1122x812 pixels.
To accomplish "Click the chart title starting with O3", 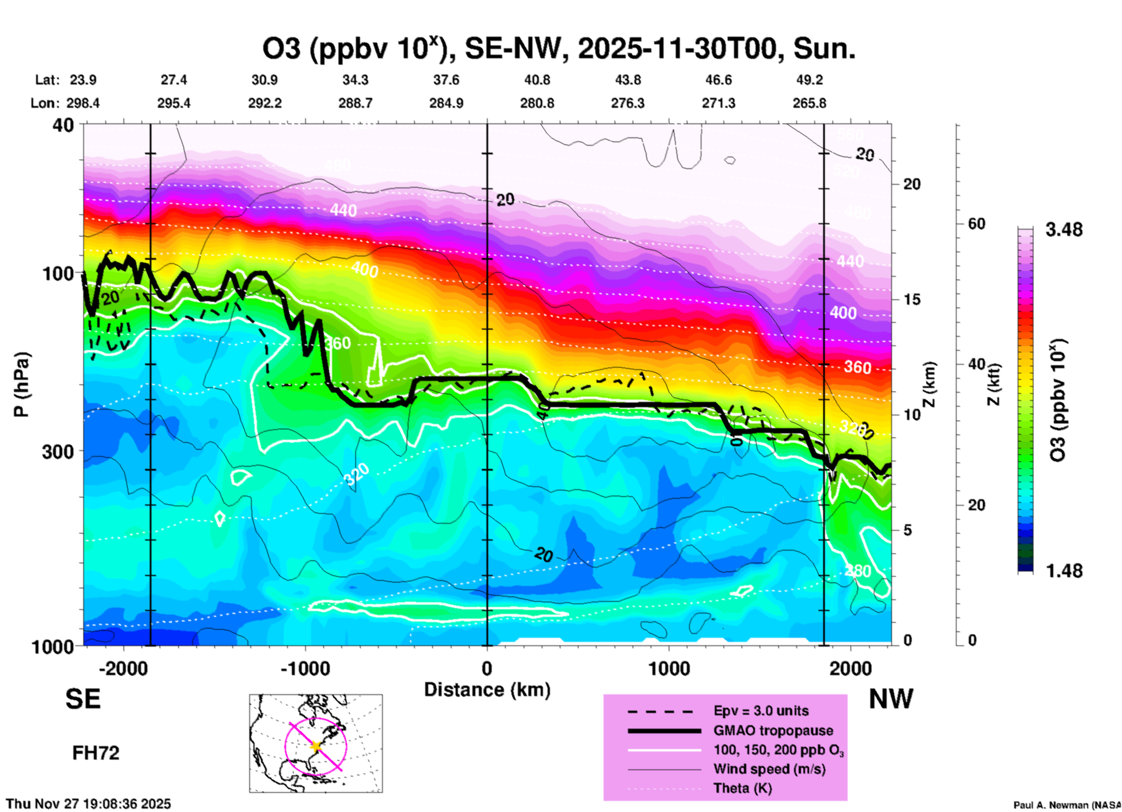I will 559,49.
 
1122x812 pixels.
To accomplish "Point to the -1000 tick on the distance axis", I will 305,668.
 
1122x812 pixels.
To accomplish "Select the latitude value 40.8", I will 537,80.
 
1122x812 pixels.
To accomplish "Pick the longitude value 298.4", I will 83,103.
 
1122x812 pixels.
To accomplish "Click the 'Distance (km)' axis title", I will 487,690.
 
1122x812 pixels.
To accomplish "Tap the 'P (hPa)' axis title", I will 22,384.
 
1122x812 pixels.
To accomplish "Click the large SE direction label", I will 83,698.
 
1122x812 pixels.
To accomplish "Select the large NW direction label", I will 891,699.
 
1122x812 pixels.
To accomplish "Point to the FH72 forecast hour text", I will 96,753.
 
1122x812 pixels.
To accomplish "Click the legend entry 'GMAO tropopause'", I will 773,730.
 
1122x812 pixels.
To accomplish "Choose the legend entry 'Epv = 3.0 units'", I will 761,711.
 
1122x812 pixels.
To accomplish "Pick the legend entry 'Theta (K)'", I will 742,788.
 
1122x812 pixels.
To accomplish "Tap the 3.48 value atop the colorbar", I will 1064,230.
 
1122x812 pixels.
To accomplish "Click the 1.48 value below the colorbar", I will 1064,571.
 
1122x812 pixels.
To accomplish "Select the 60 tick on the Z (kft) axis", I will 976,224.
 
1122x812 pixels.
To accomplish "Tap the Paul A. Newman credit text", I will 1067,805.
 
